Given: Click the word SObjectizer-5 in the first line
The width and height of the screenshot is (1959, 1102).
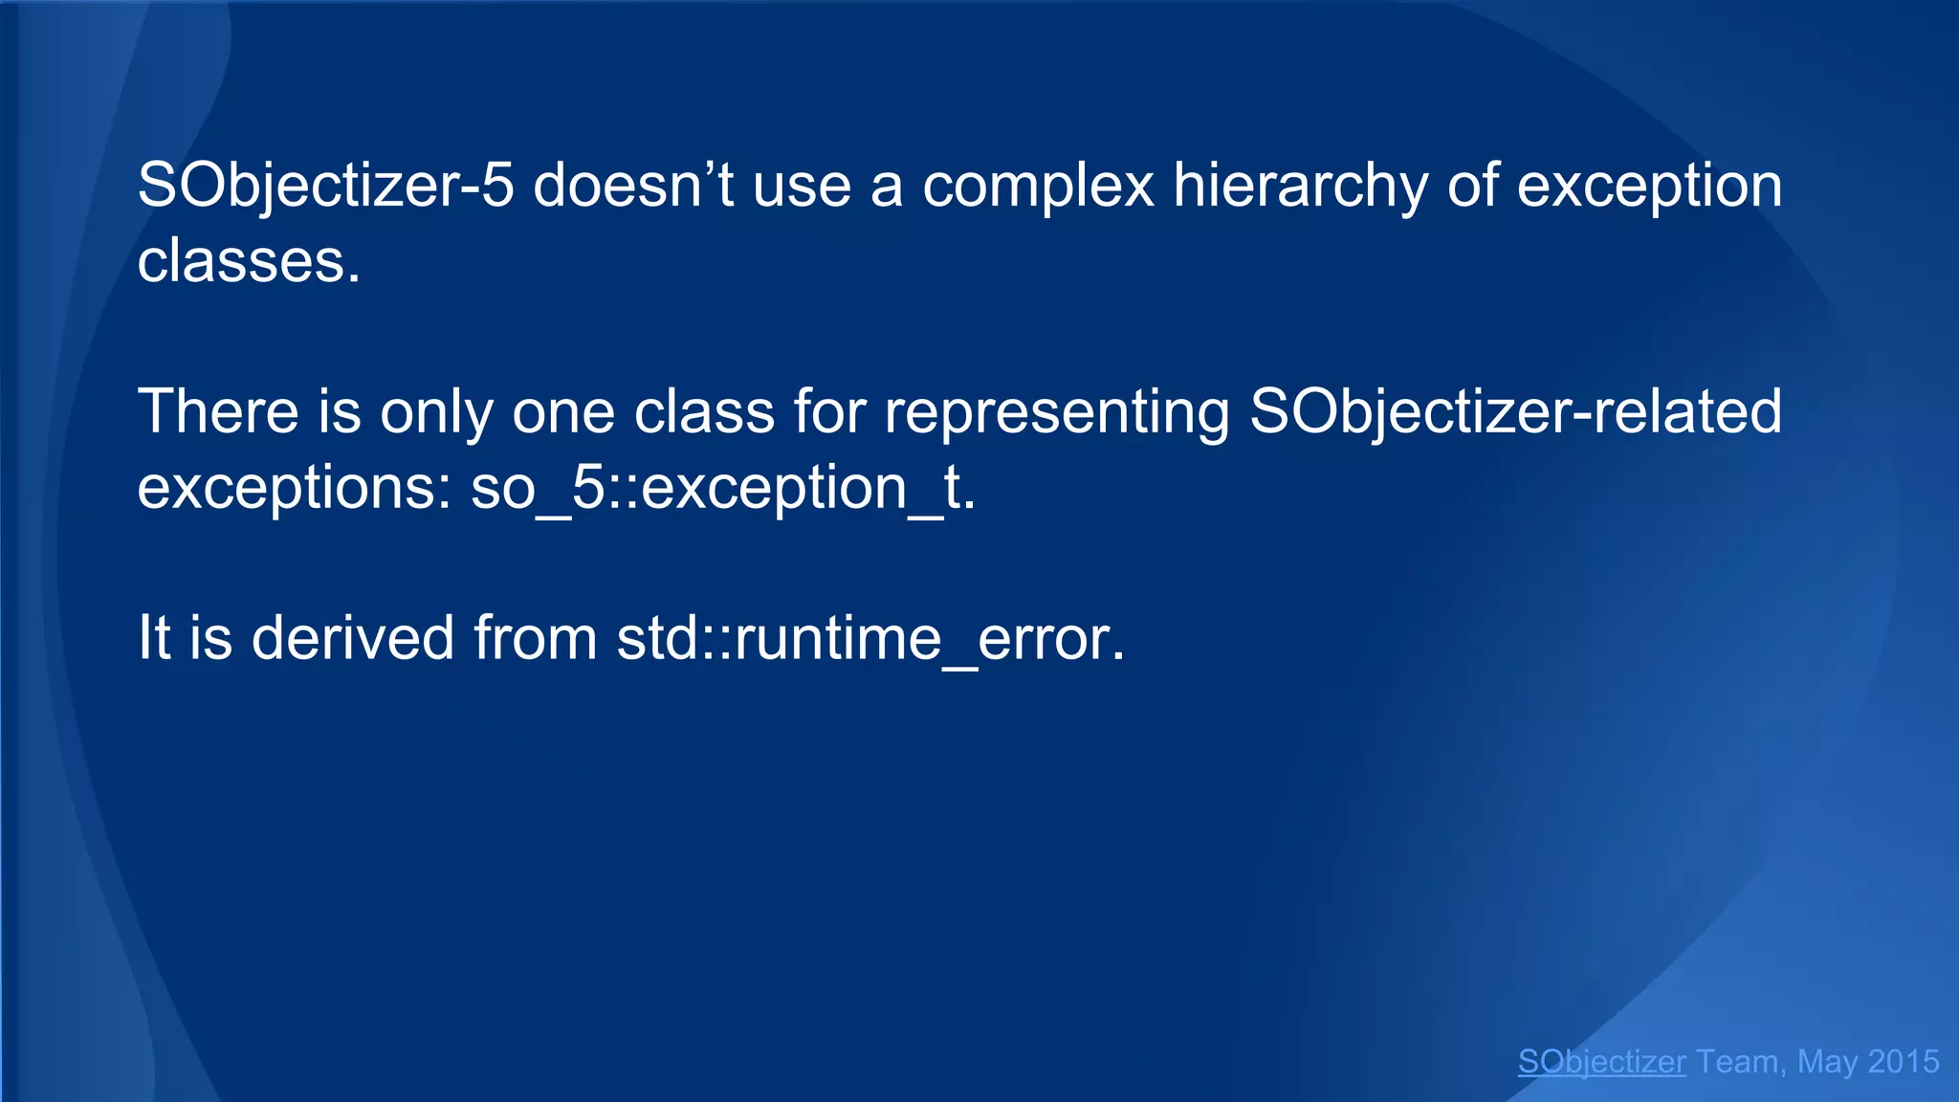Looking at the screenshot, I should tap(325, 186).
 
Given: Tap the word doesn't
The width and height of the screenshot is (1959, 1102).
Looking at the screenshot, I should tap(632, 186).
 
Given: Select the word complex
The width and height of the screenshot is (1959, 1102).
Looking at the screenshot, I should tap(1038, 186).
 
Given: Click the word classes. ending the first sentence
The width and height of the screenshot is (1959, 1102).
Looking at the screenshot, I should tap(249, 261).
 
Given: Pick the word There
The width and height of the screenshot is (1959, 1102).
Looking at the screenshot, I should tap(219, 412).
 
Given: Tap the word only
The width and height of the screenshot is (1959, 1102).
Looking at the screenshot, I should tap(436, 412).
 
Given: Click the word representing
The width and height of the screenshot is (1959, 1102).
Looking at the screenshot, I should tap(1057, 412).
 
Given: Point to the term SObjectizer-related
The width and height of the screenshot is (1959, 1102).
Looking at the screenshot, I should tap(1515, 412).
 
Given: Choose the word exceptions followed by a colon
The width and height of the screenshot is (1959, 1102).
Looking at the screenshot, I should tap(295, 488).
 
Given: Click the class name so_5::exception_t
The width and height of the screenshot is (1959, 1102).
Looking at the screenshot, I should tap(723, 488).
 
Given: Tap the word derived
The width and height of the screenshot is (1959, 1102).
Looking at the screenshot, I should tap(352, 638).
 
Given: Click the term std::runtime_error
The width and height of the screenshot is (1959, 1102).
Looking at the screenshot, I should tap(870, 638).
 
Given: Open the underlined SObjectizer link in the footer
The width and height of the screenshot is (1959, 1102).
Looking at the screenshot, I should tap(1601, 1062).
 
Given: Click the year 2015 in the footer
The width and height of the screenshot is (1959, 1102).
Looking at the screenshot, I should tap(1903, 1062).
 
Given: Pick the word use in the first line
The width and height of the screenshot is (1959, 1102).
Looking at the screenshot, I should tap(802, 186).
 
